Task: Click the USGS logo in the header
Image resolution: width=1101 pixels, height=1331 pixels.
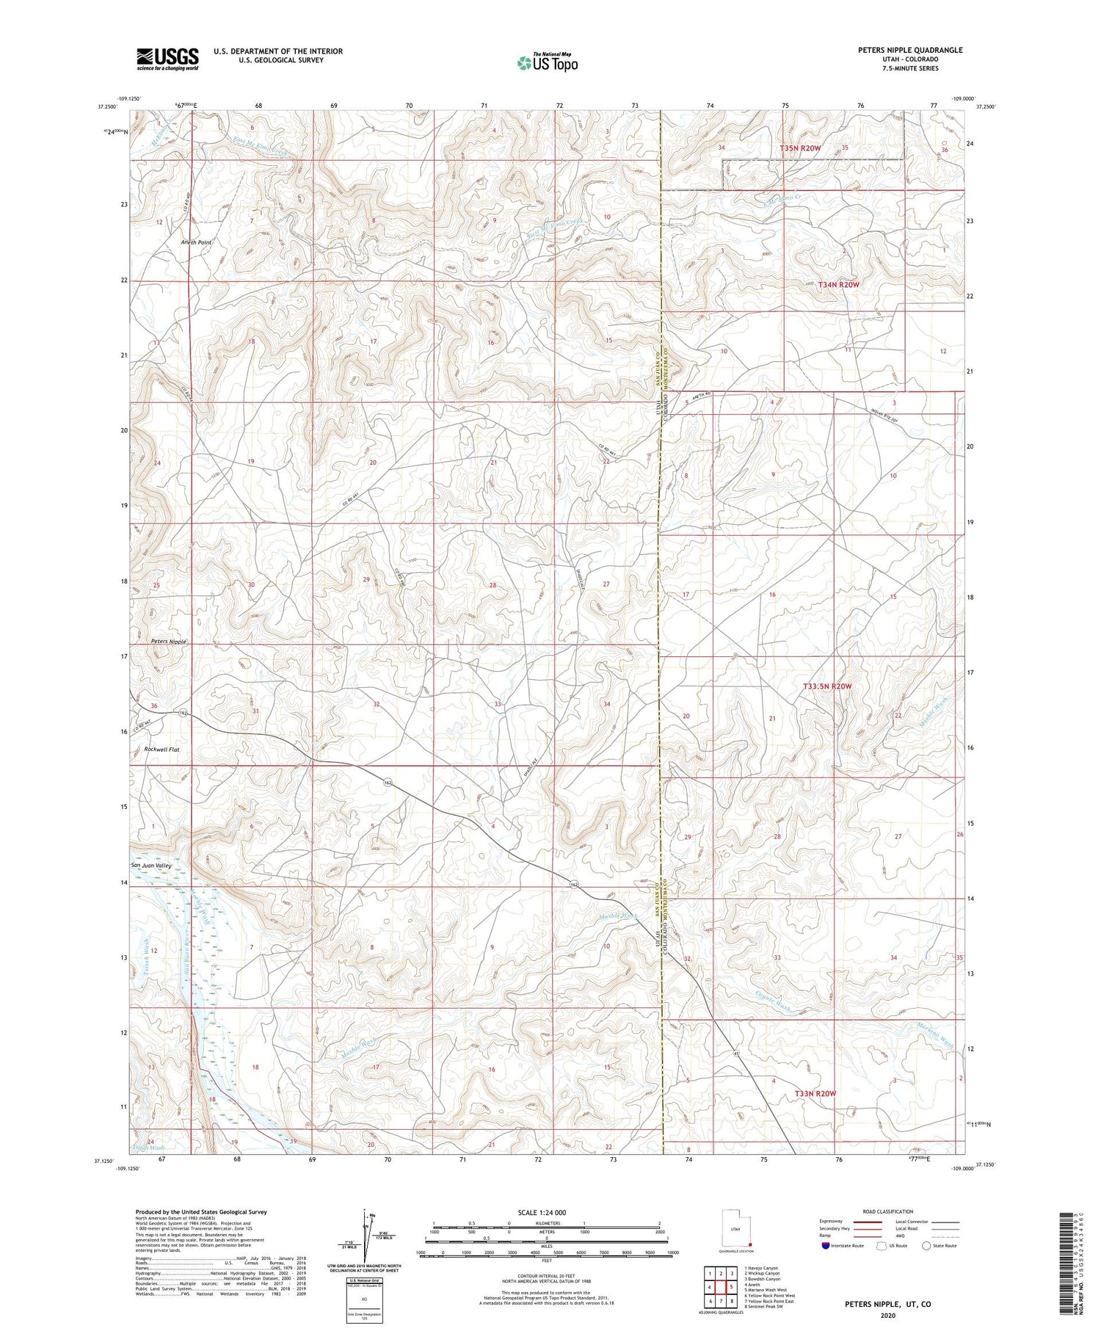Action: point(167,59)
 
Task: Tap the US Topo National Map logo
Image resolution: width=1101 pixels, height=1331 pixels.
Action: point(547,62)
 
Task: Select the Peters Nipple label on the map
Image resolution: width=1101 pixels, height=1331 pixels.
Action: point(169,641)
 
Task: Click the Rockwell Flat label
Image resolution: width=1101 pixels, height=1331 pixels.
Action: point(162,750)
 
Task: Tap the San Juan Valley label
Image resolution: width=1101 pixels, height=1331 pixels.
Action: point(152,866)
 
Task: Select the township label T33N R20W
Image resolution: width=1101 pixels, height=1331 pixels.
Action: point(815,1094)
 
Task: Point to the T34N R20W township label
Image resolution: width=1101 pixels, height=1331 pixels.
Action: point(838,284)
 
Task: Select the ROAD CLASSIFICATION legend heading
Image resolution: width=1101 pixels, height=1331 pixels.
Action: point(887,1211)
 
